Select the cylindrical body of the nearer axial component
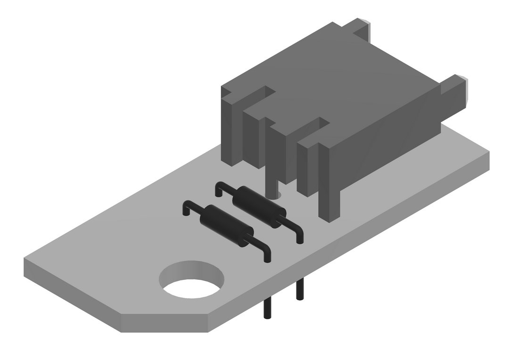tap(227, 226)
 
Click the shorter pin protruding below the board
tap(299, 290)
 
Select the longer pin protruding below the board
tap(267, 308)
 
